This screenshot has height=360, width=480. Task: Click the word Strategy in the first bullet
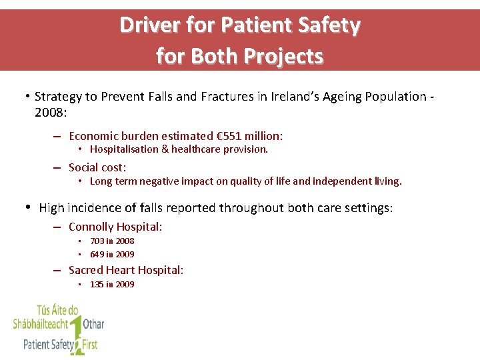coord(59,97)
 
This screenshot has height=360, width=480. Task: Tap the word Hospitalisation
coord(125,149)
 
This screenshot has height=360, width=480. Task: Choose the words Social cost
coord(97,167)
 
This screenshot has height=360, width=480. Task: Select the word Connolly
coord(91,227)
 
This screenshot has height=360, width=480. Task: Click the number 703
coord(97,241)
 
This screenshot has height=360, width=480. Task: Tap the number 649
coord(97,254)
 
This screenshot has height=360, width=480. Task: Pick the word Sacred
coord(86,270)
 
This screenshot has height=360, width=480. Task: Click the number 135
coord(97,285)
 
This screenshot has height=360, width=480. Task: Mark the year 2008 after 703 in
coord(125,241)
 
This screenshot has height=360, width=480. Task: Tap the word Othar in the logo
coord(93,325)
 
